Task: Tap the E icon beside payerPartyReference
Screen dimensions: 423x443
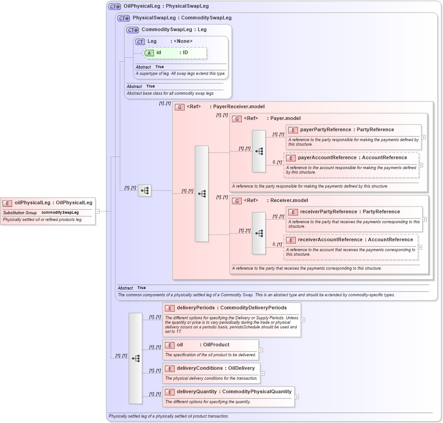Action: (293, 130)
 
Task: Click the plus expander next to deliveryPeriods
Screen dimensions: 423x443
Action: (303, 320)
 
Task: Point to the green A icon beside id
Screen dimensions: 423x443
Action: (149, 53)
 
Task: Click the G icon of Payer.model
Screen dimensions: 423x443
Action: (237, 119)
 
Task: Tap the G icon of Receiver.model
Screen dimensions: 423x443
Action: (237, 201)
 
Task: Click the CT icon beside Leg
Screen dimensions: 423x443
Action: (140, 41)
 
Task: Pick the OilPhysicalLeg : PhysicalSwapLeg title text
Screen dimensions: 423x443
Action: (166, 6)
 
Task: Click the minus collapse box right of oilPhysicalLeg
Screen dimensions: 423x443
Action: (97, 211)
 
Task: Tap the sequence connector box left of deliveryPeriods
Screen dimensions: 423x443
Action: (135, 358)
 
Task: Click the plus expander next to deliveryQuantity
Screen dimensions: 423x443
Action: (297, 397)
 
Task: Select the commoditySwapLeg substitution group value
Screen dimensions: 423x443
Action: (60, 212)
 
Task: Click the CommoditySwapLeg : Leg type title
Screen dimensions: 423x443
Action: (174, 30)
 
